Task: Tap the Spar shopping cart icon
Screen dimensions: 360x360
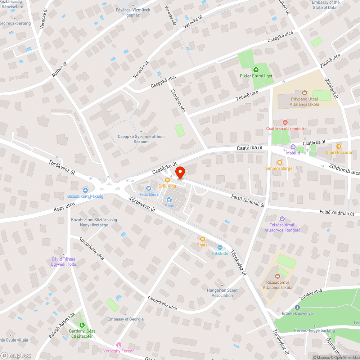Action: pyautogui.click(x=169, y=199)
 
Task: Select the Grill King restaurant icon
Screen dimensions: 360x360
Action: pyautogui.click(x=167, y=180)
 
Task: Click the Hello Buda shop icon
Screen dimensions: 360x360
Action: pyautogui.click(x=148, y=188)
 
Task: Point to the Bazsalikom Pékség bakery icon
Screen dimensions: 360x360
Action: pyautogui.click(x=85, y=190)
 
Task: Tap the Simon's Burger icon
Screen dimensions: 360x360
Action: pyautogui.click(x=279, y=162)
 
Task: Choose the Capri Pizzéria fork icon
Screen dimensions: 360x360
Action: pyautogui.click(x=338, y=146)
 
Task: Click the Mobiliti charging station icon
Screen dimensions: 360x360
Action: pyautogui.click(x=293, y=147)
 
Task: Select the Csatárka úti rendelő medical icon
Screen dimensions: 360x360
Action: pyautogui.click(x=285, y=122)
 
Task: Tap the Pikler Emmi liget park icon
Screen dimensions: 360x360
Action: pyautogui.click(x=256, y=70)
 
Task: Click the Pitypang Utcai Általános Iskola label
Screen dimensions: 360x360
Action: pyautogui.click(x=305, y=102)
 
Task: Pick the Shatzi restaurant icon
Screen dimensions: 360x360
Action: pyautogui.click(x=203, y=239)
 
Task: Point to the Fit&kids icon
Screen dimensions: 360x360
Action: pyautogui.click(x=220, y=247)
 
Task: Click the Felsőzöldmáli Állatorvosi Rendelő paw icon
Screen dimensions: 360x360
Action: pyautogui.click(x=282, y=219)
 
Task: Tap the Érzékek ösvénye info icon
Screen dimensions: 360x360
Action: pyautogui.click(x=297, y=307)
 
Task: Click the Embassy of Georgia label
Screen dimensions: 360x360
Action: pyautogui.click(x=125, y=319)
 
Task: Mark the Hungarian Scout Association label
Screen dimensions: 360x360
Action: pyautogui.click(x=222, y=293)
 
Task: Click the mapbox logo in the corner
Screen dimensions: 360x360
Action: pyautogui.click(x=16, y=355)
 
